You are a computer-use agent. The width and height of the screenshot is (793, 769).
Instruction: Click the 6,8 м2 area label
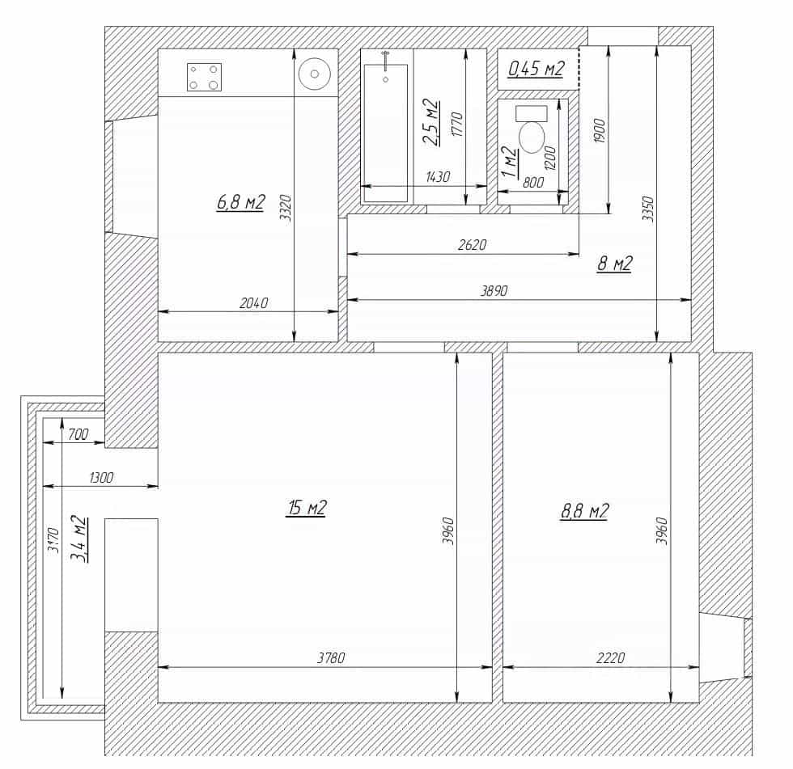click(241, 203)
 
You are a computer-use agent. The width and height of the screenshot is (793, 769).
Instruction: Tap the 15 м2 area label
click(307, 507)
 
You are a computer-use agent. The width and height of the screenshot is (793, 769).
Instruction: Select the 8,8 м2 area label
click(584, 511)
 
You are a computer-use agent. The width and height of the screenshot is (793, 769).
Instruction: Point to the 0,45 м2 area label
click(536, 68)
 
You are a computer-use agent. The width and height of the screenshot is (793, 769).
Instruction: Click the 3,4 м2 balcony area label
click(78, 539)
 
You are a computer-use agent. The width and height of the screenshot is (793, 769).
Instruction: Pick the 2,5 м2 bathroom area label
click(430, 122)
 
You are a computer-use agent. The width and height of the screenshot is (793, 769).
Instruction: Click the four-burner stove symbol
click(204, 78)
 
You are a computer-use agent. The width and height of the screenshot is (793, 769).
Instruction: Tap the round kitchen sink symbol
click(315, 74)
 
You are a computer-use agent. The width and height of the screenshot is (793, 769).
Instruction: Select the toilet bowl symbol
click(532, 129)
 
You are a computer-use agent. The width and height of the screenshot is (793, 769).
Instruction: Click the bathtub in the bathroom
click(385, 133)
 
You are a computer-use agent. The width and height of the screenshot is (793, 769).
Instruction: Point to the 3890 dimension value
click(494, 290)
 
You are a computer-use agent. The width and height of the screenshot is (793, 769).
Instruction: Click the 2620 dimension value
click(472, 244)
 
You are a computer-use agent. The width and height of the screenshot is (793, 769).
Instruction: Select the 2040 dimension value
click(254, 302)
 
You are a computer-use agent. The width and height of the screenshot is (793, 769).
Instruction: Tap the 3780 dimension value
click(331, 657)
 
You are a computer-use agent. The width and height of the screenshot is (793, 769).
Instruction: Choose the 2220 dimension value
click(611, 657)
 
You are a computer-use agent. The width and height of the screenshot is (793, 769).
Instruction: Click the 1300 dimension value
click(101, 477)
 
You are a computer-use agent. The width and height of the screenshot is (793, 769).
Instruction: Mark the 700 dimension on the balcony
click(78, 434)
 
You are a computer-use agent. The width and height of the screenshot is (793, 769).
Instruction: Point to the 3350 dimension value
click(648, 209)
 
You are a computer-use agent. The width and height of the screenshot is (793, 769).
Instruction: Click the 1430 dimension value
click(438, 177)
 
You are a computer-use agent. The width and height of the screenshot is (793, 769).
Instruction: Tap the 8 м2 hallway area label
click(615, 264)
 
